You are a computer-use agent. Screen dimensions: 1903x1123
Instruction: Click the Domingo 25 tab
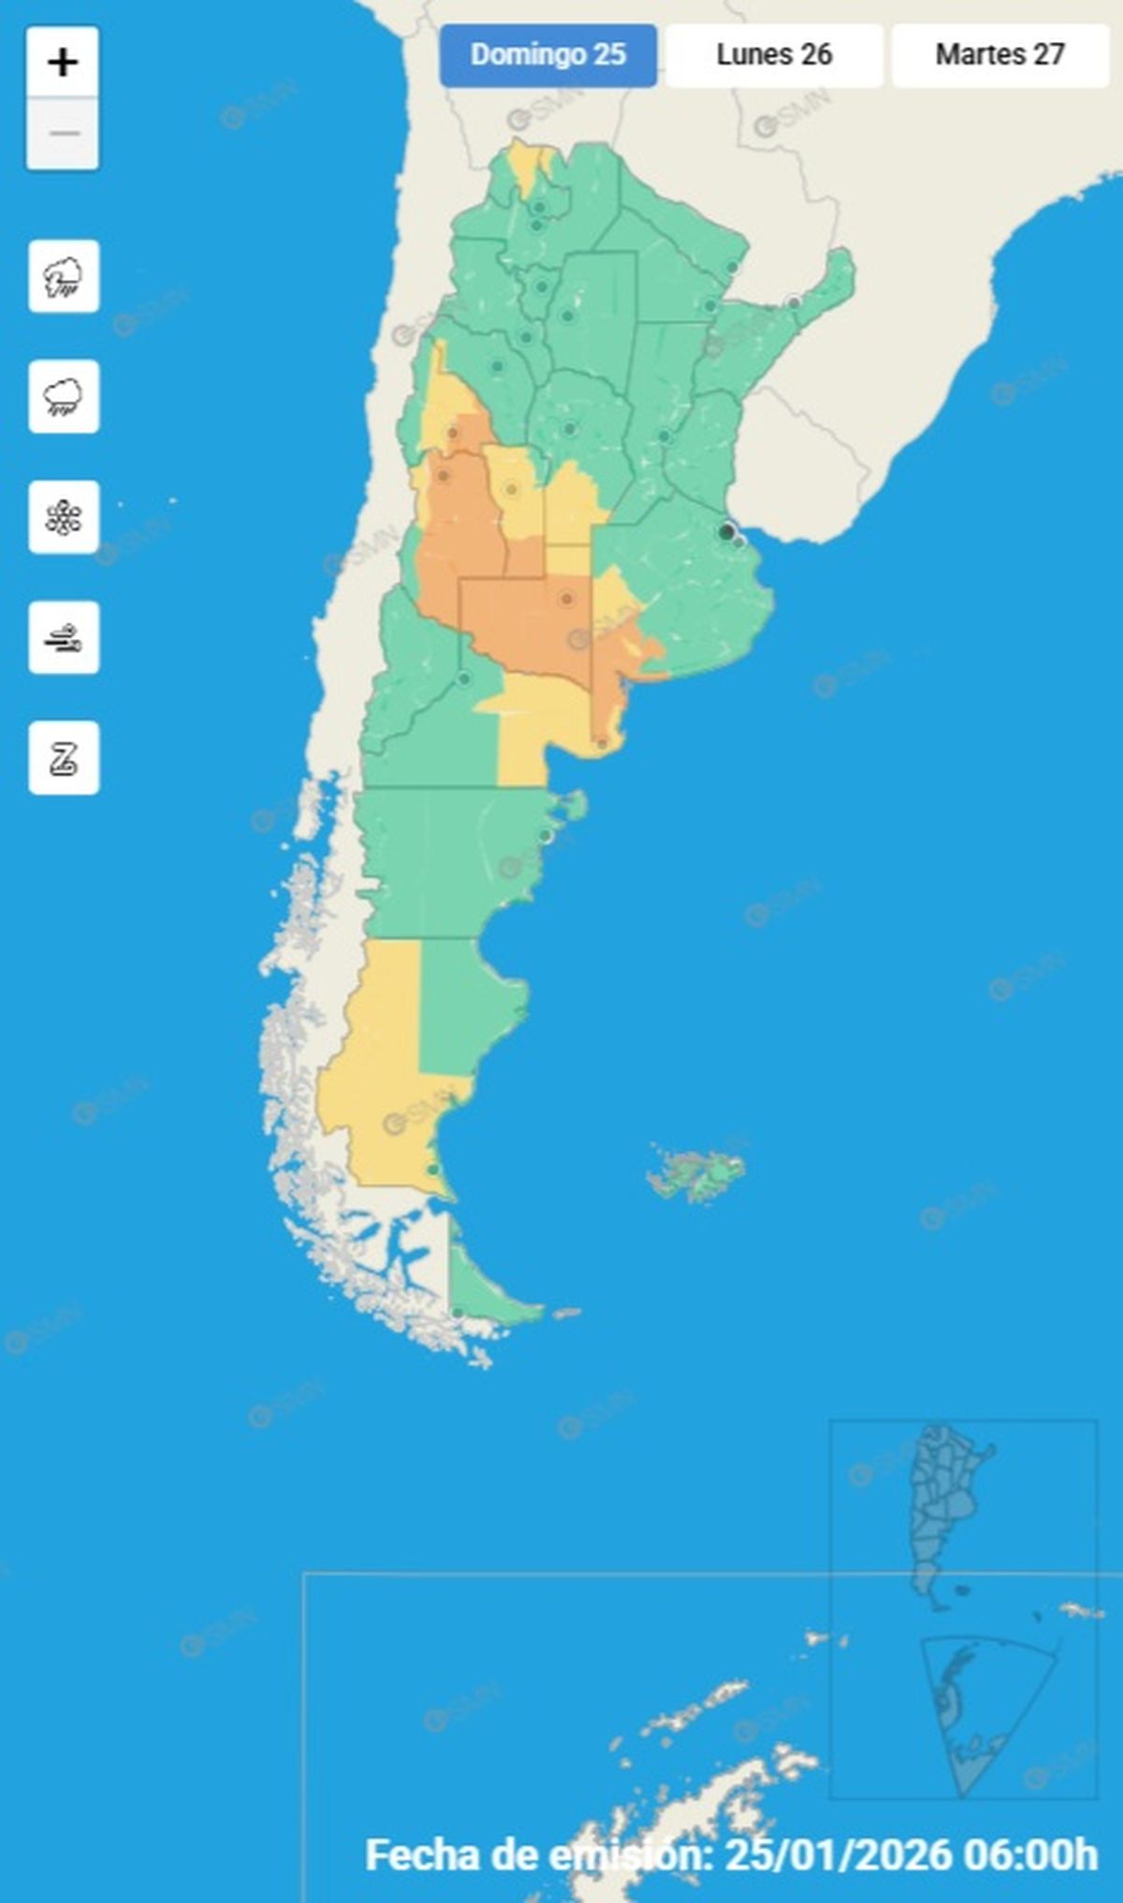[548, 55]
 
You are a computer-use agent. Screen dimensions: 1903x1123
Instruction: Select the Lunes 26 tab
[774, 55]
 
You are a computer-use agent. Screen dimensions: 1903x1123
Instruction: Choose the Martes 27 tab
[999, 55]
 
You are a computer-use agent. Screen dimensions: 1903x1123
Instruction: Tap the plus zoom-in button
[63, 63]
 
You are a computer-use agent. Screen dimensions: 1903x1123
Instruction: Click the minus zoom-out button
[63, 134]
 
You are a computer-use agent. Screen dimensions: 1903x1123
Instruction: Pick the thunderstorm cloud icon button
[64, 277]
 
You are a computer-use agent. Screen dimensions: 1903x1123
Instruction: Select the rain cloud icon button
[64, 397]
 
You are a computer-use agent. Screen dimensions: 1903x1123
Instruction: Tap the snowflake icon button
[64, 517]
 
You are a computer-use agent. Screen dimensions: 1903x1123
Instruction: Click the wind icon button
[64, 638]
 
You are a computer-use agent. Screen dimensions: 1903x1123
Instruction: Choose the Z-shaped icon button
[64, 758]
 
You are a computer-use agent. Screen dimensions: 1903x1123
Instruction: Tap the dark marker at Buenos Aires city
[726, 532]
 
